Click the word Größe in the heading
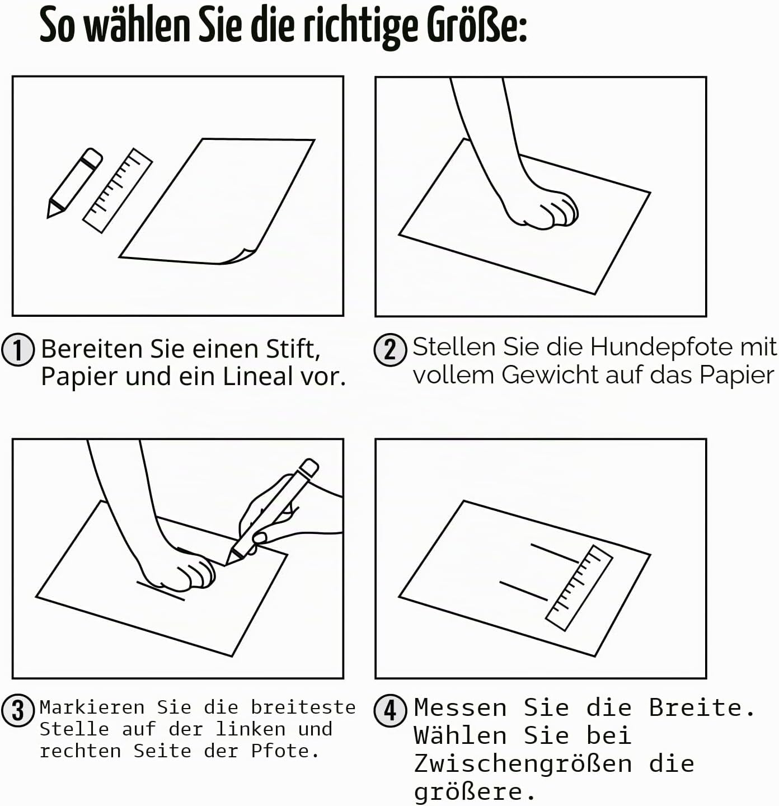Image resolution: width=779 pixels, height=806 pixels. click(477, 26)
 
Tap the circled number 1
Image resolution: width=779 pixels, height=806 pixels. click(17, 350)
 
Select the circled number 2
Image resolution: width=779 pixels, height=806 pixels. click(390, 350)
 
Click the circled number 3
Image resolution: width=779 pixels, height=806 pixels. click(17, 711)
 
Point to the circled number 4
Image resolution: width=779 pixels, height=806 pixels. click(390, 711)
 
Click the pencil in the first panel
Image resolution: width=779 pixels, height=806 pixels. click(74, 182)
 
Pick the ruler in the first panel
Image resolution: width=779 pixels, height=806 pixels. click(118, 190)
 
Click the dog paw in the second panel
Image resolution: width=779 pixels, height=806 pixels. click(542, 209)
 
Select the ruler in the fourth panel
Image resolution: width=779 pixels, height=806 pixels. click(579, 588)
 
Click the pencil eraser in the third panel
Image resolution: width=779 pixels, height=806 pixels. click(308, 467)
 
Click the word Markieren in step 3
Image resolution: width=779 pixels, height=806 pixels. click(92, 707)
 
